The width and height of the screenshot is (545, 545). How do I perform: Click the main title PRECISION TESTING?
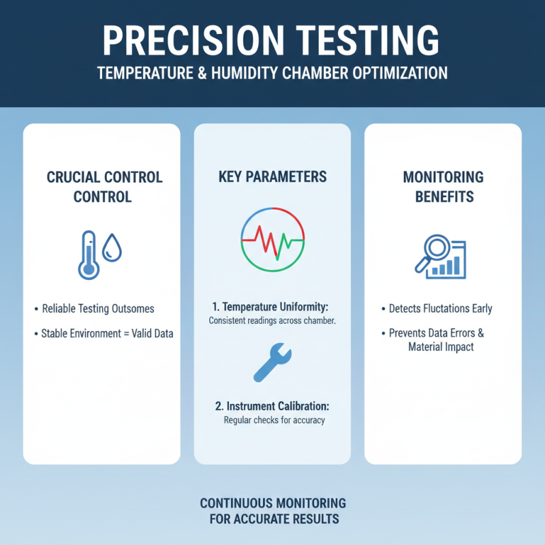point(272,40)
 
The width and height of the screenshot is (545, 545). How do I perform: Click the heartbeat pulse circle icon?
point(272,243)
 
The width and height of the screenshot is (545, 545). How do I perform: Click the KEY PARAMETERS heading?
point(272,177)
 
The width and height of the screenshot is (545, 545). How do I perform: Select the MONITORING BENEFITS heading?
point(443,187)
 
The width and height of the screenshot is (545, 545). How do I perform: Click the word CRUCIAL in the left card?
point(74,177)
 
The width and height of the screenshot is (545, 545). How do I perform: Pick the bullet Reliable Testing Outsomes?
point(98,309)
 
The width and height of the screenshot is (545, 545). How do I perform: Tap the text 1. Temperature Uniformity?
point(272,307)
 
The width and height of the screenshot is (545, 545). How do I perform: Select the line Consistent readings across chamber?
point(272,321)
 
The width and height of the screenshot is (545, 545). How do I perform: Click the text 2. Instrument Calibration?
point(272,405)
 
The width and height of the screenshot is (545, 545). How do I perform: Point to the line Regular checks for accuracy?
point(274,420)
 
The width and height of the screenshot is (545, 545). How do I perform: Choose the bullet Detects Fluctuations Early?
point(440,309)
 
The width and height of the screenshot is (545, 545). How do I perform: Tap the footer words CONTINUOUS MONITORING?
point(272,503)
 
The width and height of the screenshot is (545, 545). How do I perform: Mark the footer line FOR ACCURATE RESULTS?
point(272,519)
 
